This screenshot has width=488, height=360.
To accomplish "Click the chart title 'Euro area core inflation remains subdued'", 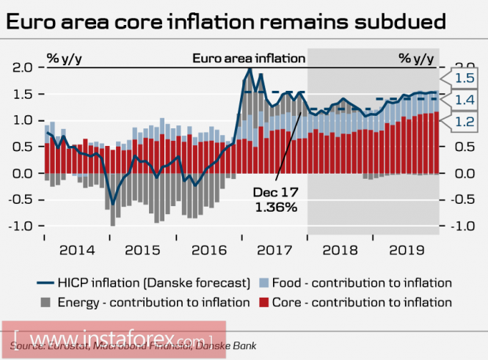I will [x=225, y=21].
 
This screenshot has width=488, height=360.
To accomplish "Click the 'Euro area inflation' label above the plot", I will [x=249, y=58].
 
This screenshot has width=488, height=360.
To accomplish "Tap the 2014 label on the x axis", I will [x=77, y=249].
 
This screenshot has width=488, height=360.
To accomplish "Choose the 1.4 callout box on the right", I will [x=463, y=100].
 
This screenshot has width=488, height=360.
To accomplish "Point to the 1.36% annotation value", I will [x=275, y=207].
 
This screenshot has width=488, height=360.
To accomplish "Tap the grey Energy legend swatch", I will [x=45, y=301].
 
